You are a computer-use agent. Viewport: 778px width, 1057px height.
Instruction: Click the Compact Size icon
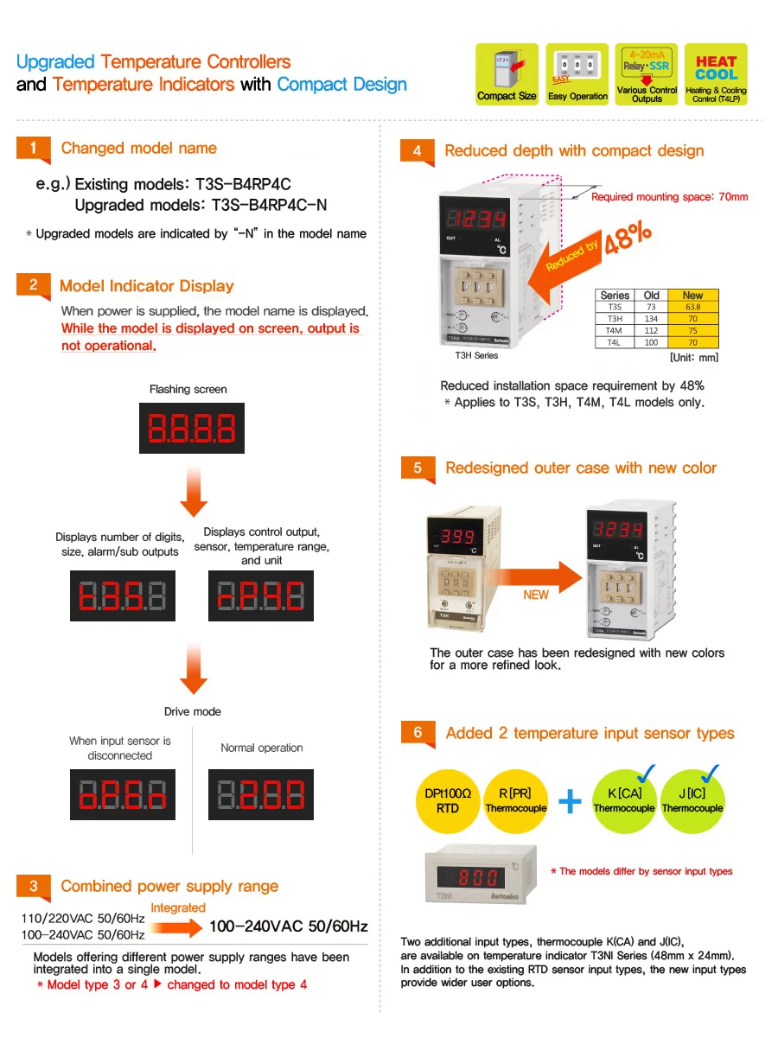pos(507,74)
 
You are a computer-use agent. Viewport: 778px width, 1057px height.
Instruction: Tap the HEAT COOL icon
pos(716,74)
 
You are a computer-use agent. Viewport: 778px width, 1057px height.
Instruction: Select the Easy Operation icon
pos(577,74)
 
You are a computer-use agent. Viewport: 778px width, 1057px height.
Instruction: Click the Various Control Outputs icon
pos(647,74)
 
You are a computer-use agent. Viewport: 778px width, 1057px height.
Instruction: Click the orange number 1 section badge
pos(34,149)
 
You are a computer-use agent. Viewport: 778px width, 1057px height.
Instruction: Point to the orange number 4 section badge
pos(418,151)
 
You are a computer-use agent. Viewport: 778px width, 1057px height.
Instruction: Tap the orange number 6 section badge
pos(418,733)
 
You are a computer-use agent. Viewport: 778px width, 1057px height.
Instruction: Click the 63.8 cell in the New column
pos(692,307)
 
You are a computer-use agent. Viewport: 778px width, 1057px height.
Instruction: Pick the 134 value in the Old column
pos(652,319)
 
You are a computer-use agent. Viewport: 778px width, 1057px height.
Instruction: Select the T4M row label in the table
pos(614,330)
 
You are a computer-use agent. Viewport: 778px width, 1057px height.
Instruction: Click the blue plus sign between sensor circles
pos(571,801)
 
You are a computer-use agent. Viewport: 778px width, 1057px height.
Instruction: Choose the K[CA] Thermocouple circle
pos(623,801)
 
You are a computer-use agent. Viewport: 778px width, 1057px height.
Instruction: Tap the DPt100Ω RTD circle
pos(448,801)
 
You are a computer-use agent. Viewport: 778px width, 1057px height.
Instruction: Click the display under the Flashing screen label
pos(192,428)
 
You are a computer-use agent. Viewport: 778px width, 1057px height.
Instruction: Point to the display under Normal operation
pos(261,794)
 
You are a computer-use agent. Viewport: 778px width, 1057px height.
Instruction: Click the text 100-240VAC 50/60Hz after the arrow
pos(289,926)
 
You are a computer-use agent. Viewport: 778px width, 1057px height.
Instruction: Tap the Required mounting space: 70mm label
pos(669,197)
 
